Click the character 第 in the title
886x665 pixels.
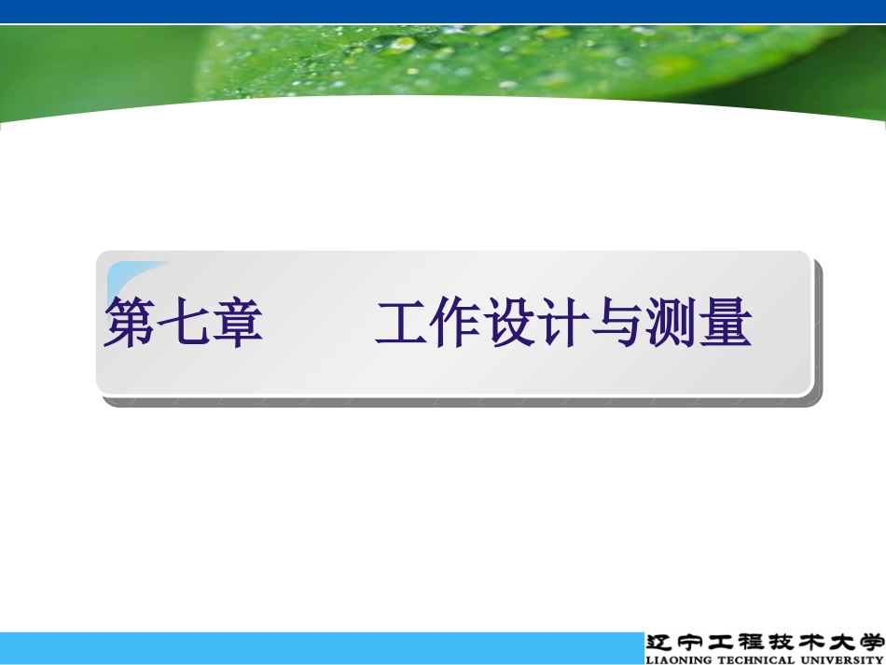tap(130, 324)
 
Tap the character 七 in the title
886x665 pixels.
tap(183, 324)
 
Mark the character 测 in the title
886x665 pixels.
tap(671, 324)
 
